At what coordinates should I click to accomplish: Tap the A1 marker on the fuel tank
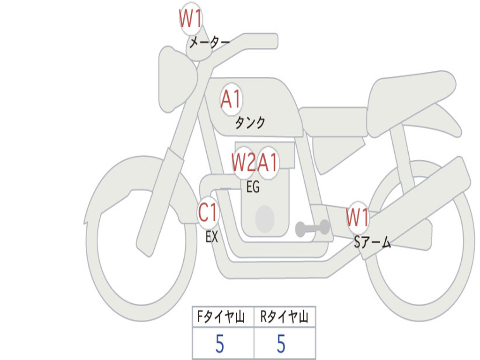[x=231, y=99]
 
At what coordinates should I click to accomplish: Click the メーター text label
[x=210, y=43]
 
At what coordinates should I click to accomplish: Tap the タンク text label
[x=250, y=123]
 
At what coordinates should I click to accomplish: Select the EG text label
[x=253, y=187]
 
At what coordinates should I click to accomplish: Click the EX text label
[x=212, y=237]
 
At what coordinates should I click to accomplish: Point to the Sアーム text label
[x=372, y=242]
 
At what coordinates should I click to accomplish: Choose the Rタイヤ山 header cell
[x=285, y=317]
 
